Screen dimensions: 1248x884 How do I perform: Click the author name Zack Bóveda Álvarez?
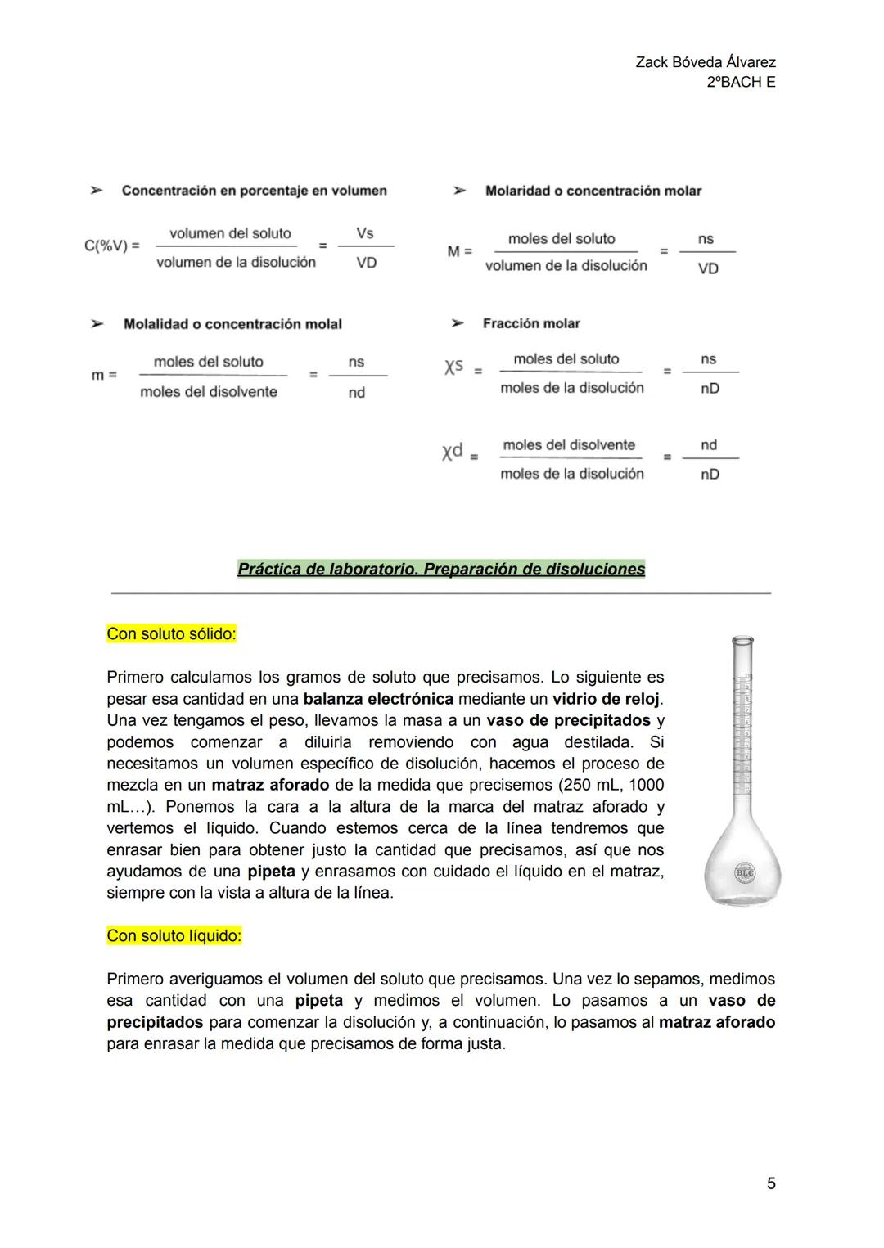[705, 62]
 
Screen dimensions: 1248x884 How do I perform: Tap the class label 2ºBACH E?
[741, 82]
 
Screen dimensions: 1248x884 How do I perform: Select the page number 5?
[771, 1183]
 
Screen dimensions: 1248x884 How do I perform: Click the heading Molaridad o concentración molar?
[593, 191]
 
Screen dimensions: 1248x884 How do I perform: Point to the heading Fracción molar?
[531, 323]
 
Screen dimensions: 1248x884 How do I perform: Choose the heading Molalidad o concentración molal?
[232, 324]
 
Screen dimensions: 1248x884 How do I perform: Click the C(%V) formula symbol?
[111, 246]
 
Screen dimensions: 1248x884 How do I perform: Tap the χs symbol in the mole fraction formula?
[454, 367]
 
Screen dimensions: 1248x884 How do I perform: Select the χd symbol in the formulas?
[453, 451]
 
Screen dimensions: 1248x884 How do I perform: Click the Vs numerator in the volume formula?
[365, 233]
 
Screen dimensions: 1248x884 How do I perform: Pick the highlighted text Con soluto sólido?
[171, 633]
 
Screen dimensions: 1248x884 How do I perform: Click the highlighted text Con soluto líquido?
[174, 935]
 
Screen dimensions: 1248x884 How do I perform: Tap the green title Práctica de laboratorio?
[441, 569]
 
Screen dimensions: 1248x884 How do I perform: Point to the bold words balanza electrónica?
[377, 699]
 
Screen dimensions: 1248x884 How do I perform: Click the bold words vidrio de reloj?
[606, 699]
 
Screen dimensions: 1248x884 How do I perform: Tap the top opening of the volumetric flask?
[742, 641]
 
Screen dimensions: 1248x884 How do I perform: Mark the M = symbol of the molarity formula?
[459, 251]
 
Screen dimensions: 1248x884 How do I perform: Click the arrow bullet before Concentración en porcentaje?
[97, 191]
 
